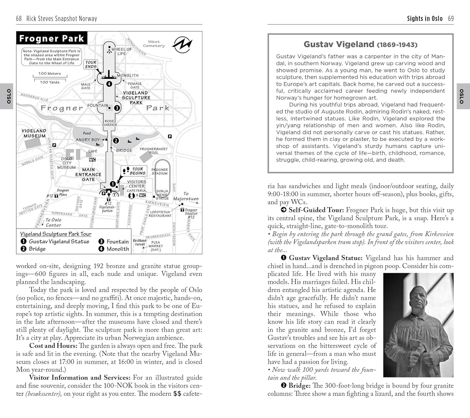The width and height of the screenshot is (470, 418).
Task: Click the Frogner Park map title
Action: pyautogui.click(x=52, y=39)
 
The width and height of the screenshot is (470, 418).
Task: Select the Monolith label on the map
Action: pyautogui.click(x=128, y=76)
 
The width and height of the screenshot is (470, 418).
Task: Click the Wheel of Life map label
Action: pyautogui.click(x=122, y=51)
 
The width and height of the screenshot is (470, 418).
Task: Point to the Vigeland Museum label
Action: pyautogui.click(x=34, y=133)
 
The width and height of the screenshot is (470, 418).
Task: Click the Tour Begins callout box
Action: pyautogui.click(x=134, y=171)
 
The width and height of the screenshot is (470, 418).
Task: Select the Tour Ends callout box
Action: pyautogui.click(x=91, y=64)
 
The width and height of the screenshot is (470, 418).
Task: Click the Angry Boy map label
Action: pyautogui.click(x=88, y=140)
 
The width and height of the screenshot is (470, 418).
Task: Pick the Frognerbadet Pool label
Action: pyautogui.click(x=154, y=151)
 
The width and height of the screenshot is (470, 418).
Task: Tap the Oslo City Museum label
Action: pyautogui.click(x=66, y=163)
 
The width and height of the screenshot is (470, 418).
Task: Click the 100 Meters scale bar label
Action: pyautogui.click(x=50, y=74)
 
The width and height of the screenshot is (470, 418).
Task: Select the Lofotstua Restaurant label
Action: pyautogui.click(x=160, y=214)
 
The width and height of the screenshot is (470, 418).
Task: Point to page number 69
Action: pyautogui.click(x=451, y=19)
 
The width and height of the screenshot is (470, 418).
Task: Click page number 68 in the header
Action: pyautogui.click(x=19, y=19)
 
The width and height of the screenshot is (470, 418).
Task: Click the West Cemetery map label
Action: pyautogui.click(x=154, y=44)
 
